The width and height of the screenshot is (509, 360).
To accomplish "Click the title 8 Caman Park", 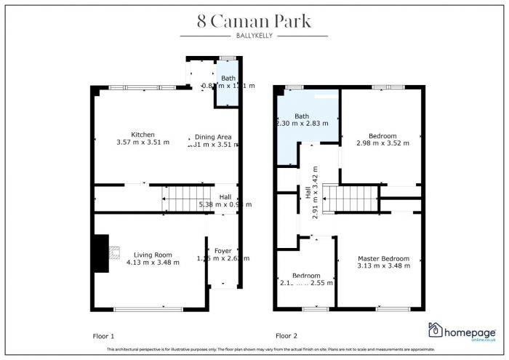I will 254,21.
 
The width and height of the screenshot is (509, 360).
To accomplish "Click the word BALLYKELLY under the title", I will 254,36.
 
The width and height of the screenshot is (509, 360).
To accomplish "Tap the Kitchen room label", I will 143,135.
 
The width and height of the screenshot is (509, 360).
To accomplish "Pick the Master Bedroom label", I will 383,258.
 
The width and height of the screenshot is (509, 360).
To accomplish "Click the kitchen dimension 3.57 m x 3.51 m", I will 143,143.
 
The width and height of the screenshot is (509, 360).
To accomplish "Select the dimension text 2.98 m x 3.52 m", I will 382,143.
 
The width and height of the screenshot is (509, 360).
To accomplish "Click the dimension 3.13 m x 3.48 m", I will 383,266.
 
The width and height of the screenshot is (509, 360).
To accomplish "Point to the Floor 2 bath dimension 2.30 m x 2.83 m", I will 302,124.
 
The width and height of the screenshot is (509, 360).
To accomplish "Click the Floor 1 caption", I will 103,336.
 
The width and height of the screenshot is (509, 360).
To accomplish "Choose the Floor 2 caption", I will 286,336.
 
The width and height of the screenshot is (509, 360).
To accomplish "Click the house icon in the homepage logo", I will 436,331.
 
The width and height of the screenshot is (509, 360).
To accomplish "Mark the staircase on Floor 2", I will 350,199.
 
